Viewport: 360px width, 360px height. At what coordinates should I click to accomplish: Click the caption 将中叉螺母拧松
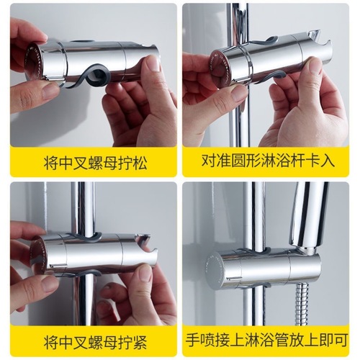pos(90,163)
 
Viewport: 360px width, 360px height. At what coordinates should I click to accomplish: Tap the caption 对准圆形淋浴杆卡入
pos(269,163)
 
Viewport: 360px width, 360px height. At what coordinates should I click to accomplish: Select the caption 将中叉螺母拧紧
pos(90,341)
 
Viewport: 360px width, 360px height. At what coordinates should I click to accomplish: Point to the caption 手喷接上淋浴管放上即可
pos(269,341)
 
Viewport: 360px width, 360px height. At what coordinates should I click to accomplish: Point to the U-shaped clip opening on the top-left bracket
pos(97,74)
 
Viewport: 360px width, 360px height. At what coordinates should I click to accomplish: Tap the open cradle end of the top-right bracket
pos(317,47)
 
